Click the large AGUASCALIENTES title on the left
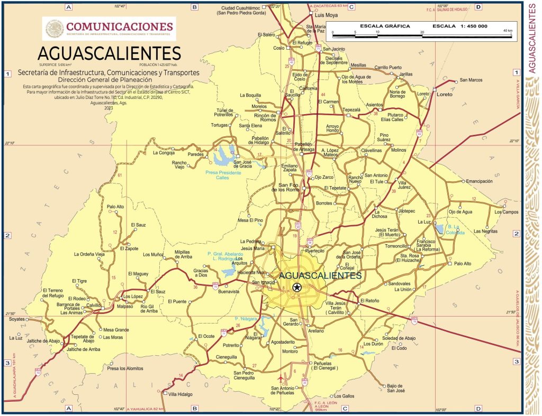pyautogui.click(x=109, y=53)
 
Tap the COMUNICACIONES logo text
pyautogui.click(x=120, y=26)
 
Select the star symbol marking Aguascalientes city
pyautogui.click(x=297, y=288)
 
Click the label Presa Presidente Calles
pyautogui.click(x=223, y=175)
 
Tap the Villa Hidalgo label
pyautogui.click(x=181, y=394)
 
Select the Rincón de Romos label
pyautogui.click(x=265, y=117)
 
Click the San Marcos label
pyautogui.click(x=471, y=80)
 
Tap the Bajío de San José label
pyautogui.click(x=395, y=388)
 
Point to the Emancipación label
pyautogui.click(x=479, y=181)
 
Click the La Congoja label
pyautogui.click(x=163, y=153)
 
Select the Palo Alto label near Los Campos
pyautogui.click(x=463, y=263)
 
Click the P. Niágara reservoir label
pyautogui.click(x=246, y=319)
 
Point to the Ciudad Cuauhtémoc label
pyautogui.click(x=240, y=10)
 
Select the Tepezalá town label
pyautogui.click(x=351, y=110)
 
